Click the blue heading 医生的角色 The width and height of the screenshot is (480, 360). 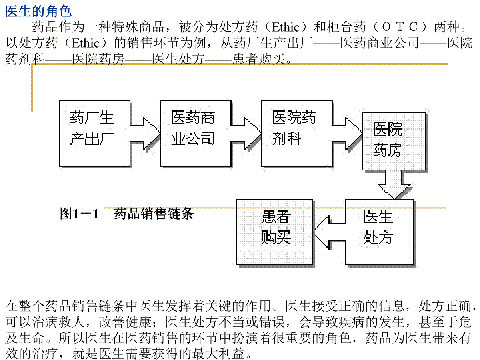38,11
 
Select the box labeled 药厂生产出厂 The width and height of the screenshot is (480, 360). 95,134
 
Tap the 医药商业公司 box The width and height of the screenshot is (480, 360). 196,134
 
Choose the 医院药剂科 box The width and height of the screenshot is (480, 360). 297,134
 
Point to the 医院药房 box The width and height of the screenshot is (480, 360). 394,141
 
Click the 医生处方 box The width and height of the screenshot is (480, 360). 380,232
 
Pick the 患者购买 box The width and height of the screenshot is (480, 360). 274,232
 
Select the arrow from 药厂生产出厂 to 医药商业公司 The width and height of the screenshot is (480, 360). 145,134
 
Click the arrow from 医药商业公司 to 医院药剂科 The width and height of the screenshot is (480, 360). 246,134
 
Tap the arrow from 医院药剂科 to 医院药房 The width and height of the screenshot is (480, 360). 348,134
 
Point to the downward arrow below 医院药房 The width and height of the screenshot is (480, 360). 394,184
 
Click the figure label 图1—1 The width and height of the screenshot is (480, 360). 79,214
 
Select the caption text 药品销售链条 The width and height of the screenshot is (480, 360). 154,214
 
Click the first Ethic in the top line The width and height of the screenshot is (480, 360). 286,27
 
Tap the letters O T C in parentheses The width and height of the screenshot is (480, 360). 400,27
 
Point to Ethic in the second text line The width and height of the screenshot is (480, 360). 86,43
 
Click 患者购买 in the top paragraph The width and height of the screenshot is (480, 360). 259,59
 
